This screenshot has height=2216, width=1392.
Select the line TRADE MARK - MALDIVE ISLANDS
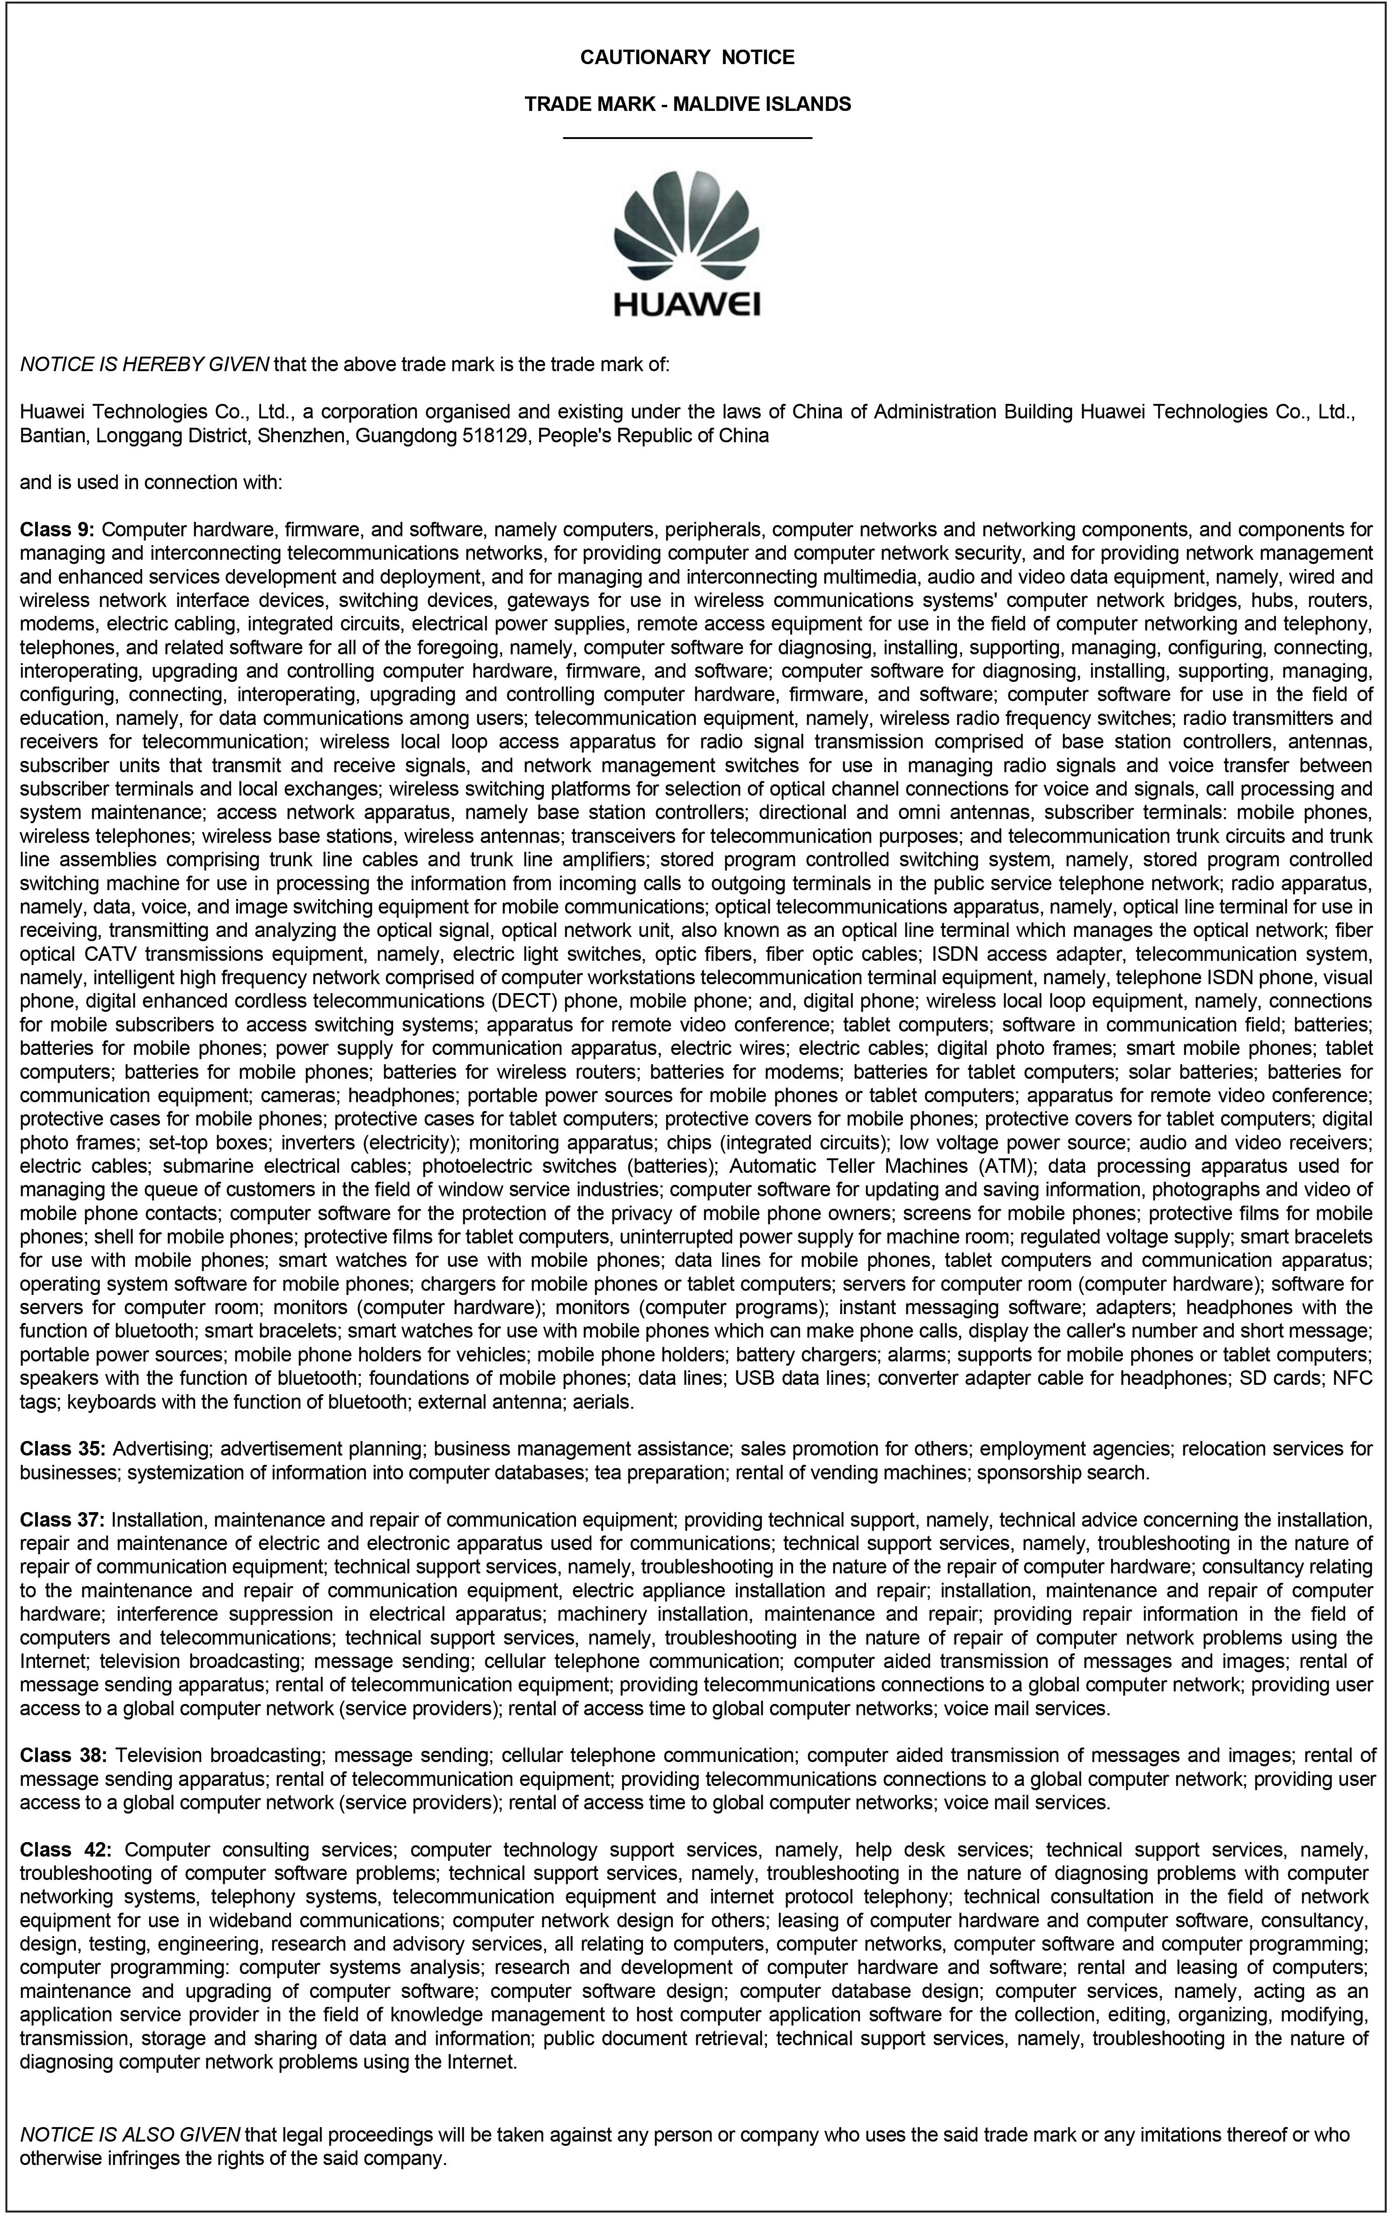(686, 104)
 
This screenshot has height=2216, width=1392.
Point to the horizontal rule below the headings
(686, 138)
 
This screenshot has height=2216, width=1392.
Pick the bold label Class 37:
(63, 1519)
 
